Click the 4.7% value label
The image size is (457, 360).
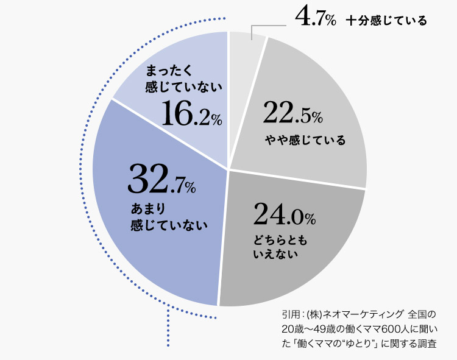[x=315, y=18]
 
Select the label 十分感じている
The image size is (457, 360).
[x=386, y=20]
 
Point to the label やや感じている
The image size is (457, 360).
[x=305, y=141]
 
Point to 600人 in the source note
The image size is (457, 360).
[x=389, y=329]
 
